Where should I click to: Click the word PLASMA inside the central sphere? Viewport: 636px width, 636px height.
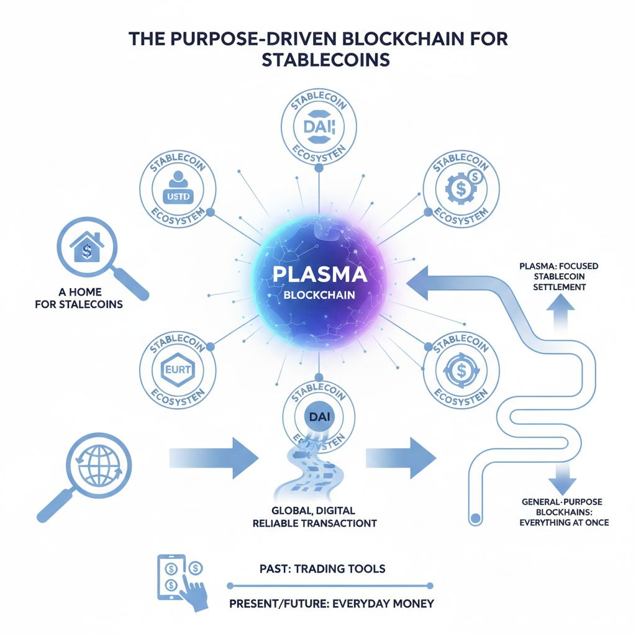318,275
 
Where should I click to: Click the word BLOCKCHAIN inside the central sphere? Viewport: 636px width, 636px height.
318,296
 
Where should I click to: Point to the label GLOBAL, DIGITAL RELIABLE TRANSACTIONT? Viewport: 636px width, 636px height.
315,517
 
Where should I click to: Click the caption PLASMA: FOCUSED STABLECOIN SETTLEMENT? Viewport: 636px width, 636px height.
558,276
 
